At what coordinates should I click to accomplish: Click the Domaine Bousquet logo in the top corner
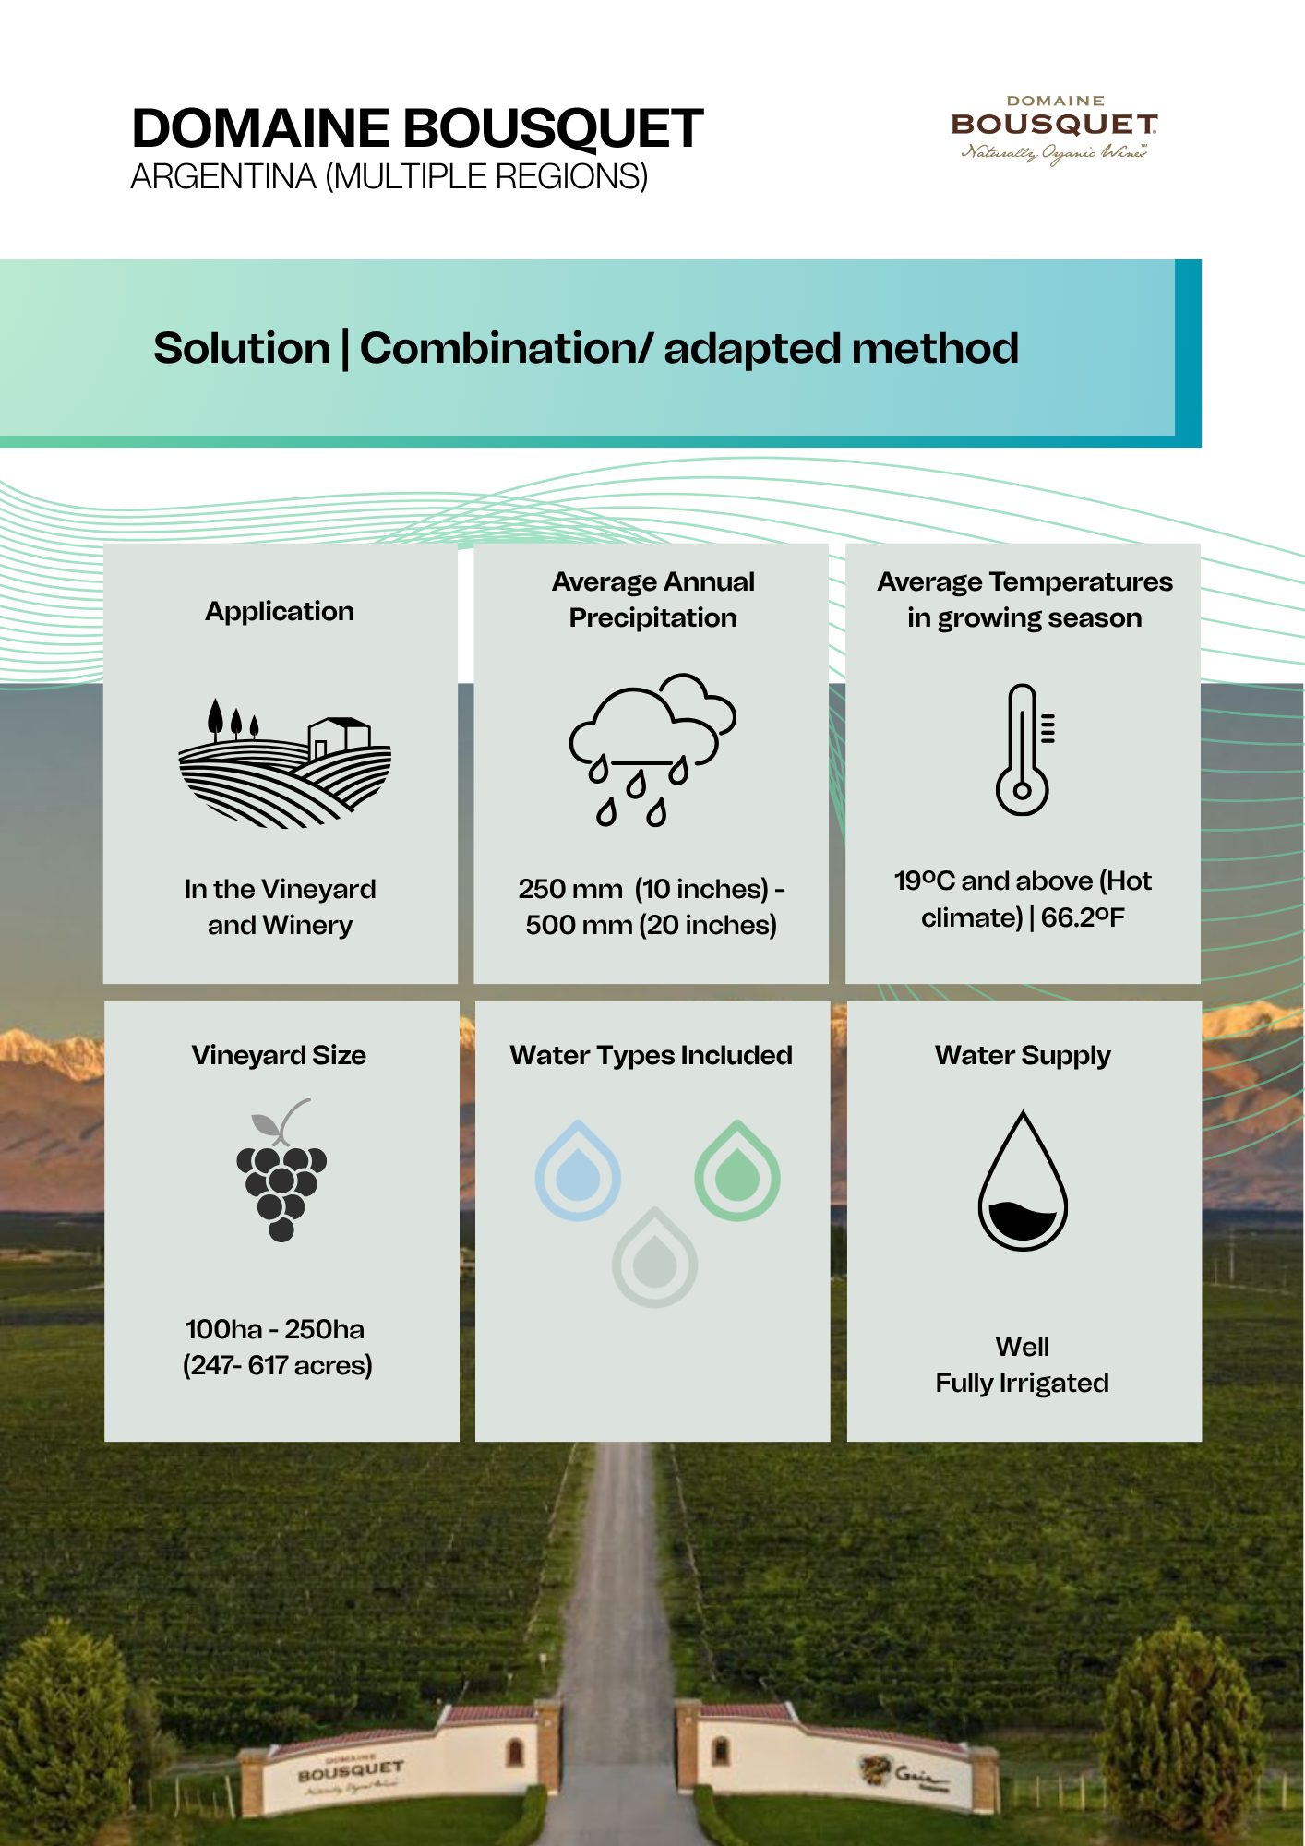(1054, 130)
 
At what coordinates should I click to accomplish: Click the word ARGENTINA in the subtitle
(223, 176)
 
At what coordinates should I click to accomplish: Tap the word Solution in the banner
(242, 348)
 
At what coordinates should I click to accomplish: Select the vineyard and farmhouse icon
(284, 762)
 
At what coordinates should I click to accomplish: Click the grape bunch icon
(281, 1169)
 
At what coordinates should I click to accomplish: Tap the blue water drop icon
(578, 1170)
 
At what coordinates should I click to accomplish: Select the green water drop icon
(737, 1170)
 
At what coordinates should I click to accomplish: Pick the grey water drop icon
(654, 1257)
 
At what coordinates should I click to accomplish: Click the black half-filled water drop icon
(1023, 1181)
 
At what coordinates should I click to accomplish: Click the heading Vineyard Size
(279, 1055)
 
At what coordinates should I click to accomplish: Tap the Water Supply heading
(1023, 1056)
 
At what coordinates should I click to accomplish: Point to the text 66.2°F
(1083, 917)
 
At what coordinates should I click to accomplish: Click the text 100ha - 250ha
(275, 1329)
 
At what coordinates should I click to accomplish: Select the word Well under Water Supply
(1023, 1347)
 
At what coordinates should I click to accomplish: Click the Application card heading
(280, 611)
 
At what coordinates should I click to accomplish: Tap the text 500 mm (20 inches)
(652, 925)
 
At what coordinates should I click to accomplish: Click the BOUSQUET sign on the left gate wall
(351, 1771)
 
